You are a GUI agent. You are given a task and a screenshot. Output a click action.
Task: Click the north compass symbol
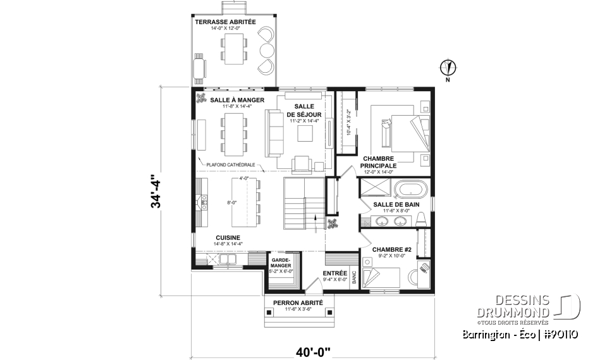(448, 67)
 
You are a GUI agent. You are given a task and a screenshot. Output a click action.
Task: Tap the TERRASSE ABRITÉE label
(225, 22)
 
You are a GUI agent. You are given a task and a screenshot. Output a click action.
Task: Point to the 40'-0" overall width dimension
(312, 349)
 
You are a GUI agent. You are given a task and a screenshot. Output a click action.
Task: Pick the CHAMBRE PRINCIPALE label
(378, 162)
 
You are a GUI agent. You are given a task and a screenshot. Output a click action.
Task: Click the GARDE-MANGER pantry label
(280, 263)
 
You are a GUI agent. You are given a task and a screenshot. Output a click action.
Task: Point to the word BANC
(354, 277)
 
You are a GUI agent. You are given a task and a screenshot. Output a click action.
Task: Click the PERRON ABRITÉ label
(298, 303)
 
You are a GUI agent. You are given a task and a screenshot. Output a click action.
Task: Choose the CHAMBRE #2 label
(392, 250)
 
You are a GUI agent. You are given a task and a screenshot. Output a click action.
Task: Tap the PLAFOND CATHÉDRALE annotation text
(230, 164)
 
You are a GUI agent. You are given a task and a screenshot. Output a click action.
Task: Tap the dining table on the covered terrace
(235, 48)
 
